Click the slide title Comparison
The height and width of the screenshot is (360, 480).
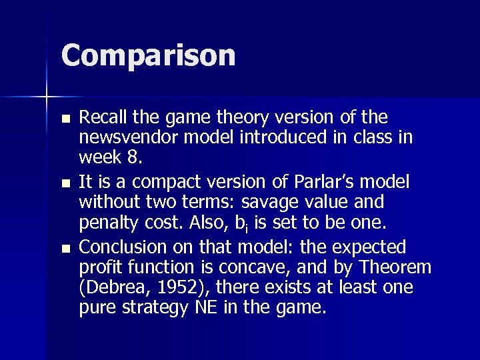coord(148,55)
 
